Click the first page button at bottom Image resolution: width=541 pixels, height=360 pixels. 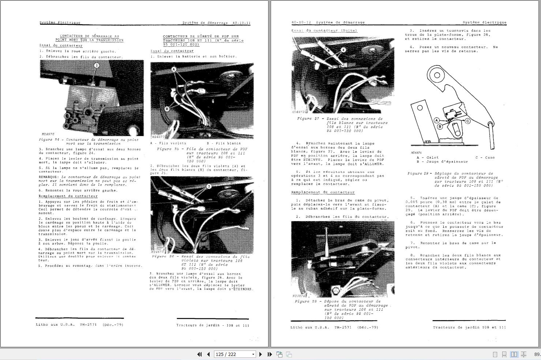(199, 354)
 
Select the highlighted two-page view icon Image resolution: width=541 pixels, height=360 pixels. (514, 354)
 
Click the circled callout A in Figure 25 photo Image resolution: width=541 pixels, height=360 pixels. (174, 69)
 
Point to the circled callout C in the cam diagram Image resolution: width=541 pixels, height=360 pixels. (467, 121)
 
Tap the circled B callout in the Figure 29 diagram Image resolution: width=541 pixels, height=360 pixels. (440, 126)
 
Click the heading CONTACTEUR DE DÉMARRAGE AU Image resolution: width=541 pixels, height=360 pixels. (89, 36)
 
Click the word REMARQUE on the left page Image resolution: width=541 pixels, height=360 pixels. (48, 177)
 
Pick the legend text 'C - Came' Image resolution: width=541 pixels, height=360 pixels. (485, 158)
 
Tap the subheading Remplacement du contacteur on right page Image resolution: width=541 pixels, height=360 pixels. (323, 192)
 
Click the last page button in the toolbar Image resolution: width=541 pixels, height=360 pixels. (270, 354)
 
